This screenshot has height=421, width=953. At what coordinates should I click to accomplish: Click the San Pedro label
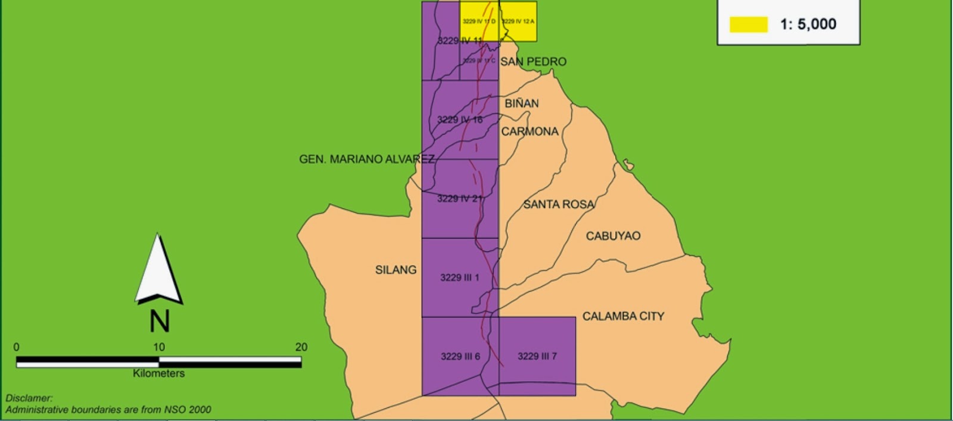pos(533,61)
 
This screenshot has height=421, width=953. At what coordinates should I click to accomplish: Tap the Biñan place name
pos(522,103)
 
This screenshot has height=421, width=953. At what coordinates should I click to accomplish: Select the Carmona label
pos(530,131)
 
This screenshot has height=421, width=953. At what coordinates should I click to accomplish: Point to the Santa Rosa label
pos(558,204)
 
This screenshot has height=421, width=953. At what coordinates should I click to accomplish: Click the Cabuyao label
pos(613,236)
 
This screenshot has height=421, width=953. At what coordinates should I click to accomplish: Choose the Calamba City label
pos(623,316)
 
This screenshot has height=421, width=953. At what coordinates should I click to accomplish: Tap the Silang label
pos(395,270)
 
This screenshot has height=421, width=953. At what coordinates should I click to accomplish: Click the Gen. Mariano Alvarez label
pos(366,159)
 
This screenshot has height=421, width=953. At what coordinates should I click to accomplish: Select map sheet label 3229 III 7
pos(537,356)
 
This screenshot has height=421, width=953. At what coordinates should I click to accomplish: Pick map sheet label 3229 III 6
pos(460,356)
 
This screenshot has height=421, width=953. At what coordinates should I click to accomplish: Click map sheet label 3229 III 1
pos(459,277)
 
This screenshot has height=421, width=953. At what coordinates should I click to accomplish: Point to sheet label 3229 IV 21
pos(459,198)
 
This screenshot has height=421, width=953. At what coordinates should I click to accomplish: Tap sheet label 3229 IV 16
pos(459,120)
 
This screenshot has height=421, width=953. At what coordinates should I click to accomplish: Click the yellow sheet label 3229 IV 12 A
pos(518,21)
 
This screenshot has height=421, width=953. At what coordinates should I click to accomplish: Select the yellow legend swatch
pos(748,24)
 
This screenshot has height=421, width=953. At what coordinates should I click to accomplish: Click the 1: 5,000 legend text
pos(808,24)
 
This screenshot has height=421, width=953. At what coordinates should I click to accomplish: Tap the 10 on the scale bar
pos(158,347)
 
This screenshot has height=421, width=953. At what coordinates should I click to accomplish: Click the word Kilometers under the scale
pos(158,373)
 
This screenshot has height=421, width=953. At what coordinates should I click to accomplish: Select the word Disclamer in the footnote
pos(29,398)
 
